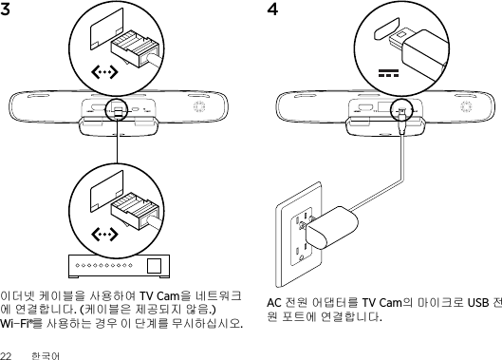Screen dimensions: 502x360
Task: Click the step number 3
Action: pyautogui.click(x=5, y=9)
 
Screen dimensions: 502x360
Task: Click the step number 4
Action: pyautogui.click(x=272, y=9)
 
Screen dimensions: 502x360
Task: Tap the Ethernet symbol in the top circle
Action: pyautogui.click(x=104, y=72)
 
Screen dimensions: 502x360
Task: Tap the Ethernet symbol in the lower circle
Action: pyautogui.click(x=104, y=235)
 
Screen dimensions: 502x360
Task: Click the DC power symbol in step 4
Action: pyautogui.click(x=388, y=73)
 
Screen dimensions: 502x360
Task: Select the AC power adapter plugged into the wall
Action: pyautogui.click(x=332, y=228)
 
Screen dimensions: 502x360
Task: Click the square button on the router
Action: pyautogui.click(x=154, y=266)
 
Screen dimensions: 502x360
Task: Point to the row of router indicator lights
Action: pyautogui.click(x=103, y=265)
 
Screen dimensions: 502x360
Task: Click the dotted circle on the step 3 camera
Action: pyautogui.click(x=199, y=106)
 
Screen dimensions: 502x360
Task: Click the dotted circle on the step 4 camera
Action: pyautogui.click(x=466, y=106)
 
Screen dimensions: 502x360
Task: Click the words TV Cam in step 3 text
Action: pyautogui.click(x=159, y=295)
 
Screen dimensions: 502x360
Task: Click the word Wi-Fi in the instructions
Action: pyautogui.click(x=15, y=324)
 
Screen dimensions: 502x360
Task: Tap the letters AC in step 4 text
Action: pyautogui.click(x=273, y=302)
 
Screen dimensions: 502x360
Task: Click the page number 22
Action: pyautogui.click(x=6, y=356)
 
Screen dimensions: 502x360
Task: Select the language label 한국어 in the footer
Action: pyautogui.click(x=46, y=356)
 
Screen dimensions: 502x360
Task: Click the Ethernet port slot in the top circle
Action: pyautogui.click(x=106, y=28)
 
